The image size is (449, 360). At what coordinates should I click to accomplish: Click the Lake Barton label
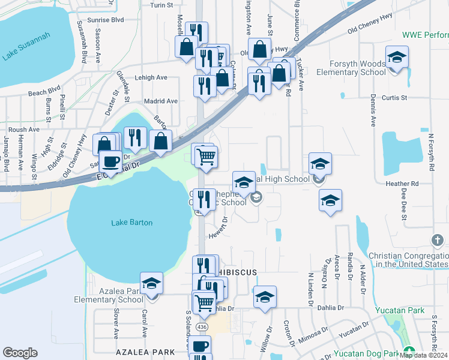tap(132, 223)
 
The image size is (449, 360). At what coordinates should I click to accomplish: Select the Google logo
tap(20, 353)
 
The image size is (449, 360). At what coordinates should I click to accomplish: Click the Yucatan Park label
tap(399, 310)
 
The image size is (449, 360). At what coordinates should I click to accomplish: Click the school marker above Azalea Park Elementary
tap(152, 283)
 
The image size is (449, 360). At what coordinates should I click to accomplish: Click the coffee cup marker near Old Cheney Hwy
tap(110, 161)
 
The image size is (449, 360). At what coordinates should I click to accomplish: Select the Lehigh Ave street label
tap(150, 77)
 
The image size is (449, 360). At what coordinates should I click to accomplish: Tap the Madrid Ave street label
tap(160, 101)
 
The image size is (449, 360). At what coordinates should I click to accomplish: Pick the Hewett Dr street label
tap(218, 227)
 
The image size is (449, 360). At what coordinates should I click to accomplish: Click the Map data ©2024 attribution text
tap(424, 355)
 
